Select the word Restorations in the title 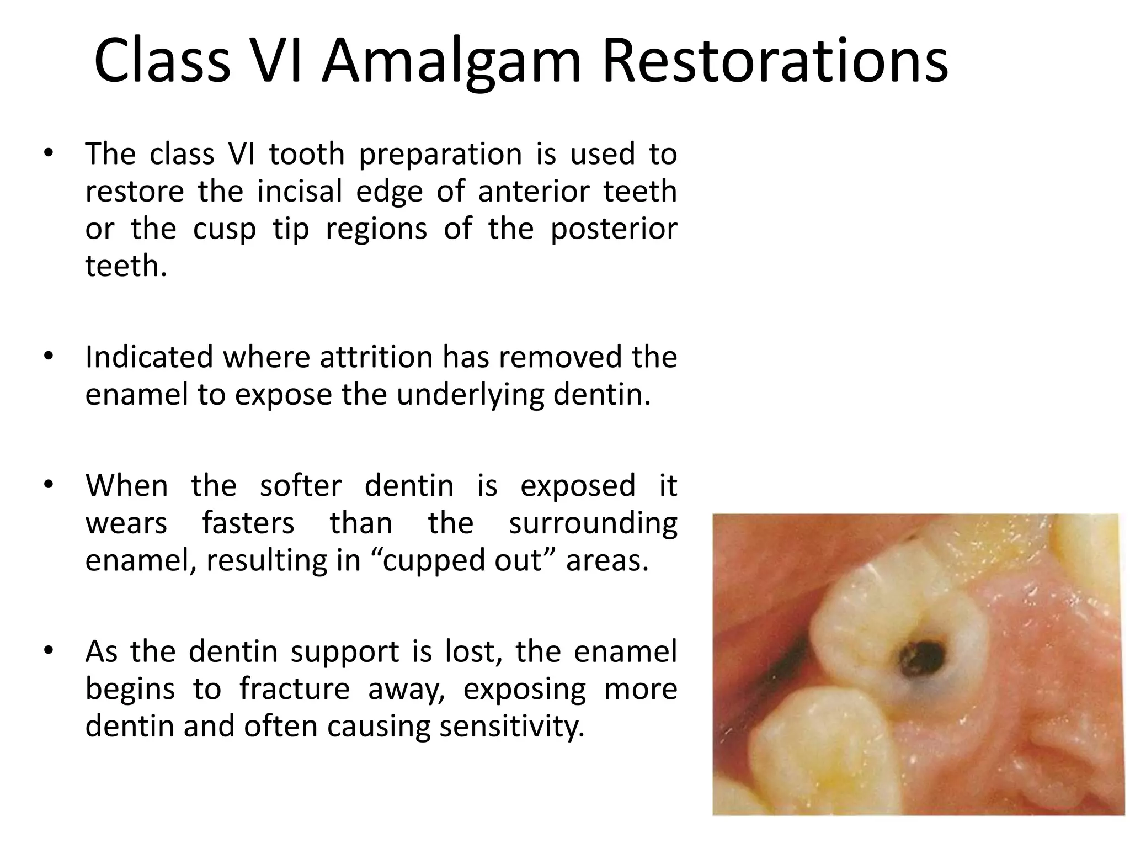[x=775, y=60]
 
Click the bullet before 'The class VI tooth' [x=49, y=153]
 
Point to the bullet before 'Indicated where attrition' [x=49, y=357]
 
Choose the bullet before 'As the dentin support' [x=49, y=651]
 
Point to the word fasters [x=248, y=522]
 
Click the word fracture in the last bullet [x=295, y=688]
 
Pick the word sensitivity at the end [x=511, y=726]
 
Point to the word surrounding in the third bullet [x=593, y=523]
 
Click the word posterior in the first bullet [x=614, y=229]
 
